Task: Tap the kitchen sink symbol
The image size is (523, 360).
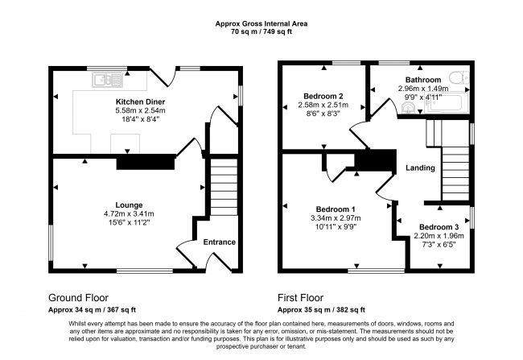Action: (105, 79)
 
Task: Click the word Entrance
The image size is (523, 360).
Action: (219, 242)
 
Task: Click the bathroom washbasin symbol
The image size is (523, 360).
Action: (410, 106)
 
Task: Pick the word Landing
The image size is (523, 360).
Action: (420, 168)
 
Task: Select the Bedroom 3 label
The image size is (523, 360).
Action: (439, 226)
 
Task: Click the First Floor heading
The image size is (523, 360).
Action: (305, 296)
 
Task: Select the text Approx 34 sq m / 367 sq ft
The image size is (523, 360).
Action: (93, 309)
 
